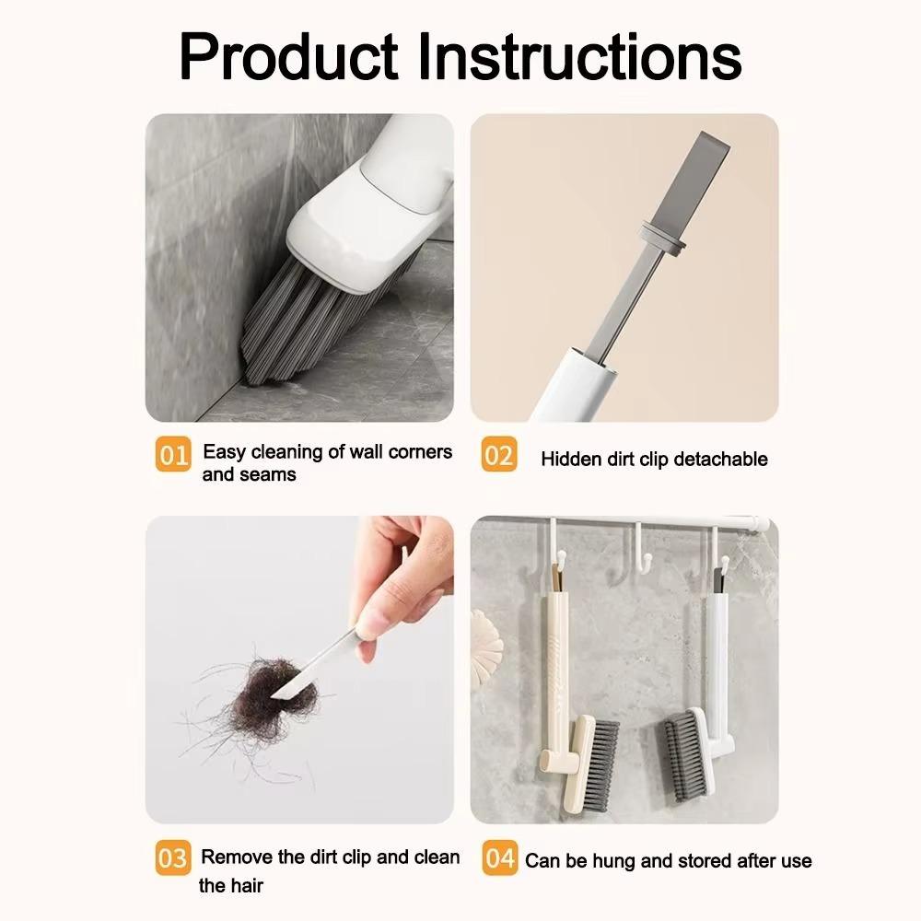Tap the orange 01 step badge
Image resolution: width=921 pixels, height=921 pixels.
(172, 455)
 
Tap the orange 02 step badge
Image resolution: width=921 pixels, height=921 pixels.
(498, 455)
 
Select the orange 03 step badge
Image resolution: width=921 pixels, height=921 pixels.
(172, 858)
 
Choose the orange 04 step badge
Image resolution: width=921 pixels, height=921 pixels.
(498, 858)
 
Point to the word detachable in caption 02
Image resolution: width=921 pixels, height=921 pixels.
(721, 459)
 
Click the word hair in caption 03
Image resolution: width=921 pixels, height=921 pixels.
(245, 886)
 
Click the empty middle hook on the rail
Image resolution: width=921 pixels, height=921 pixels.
(636, 548)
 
